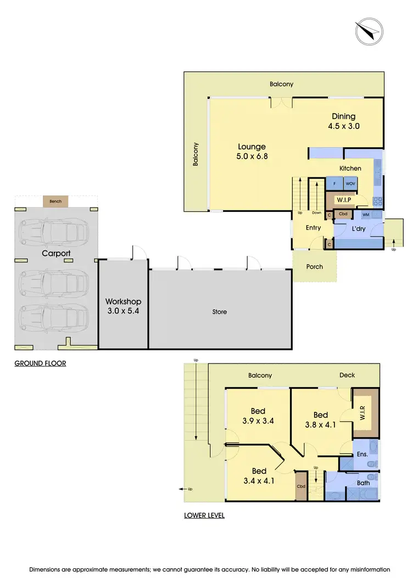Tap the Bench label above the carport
55,202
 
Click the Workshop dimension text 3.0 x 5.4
123,311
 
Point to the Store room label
220,312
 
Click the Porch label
315,267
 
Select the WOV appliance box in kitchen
350,183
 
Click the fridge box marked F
335,183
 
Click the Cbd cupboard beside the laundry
343,214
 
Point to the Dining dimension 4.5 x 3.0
343,126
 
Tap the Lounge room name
252,147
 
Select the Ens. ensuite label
362,454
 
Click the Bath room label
363,483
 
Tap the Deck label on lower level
347,375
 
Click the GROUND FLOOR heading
40,363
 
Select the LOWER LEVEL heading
204,516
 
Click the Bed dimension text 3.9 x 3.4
258,421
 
